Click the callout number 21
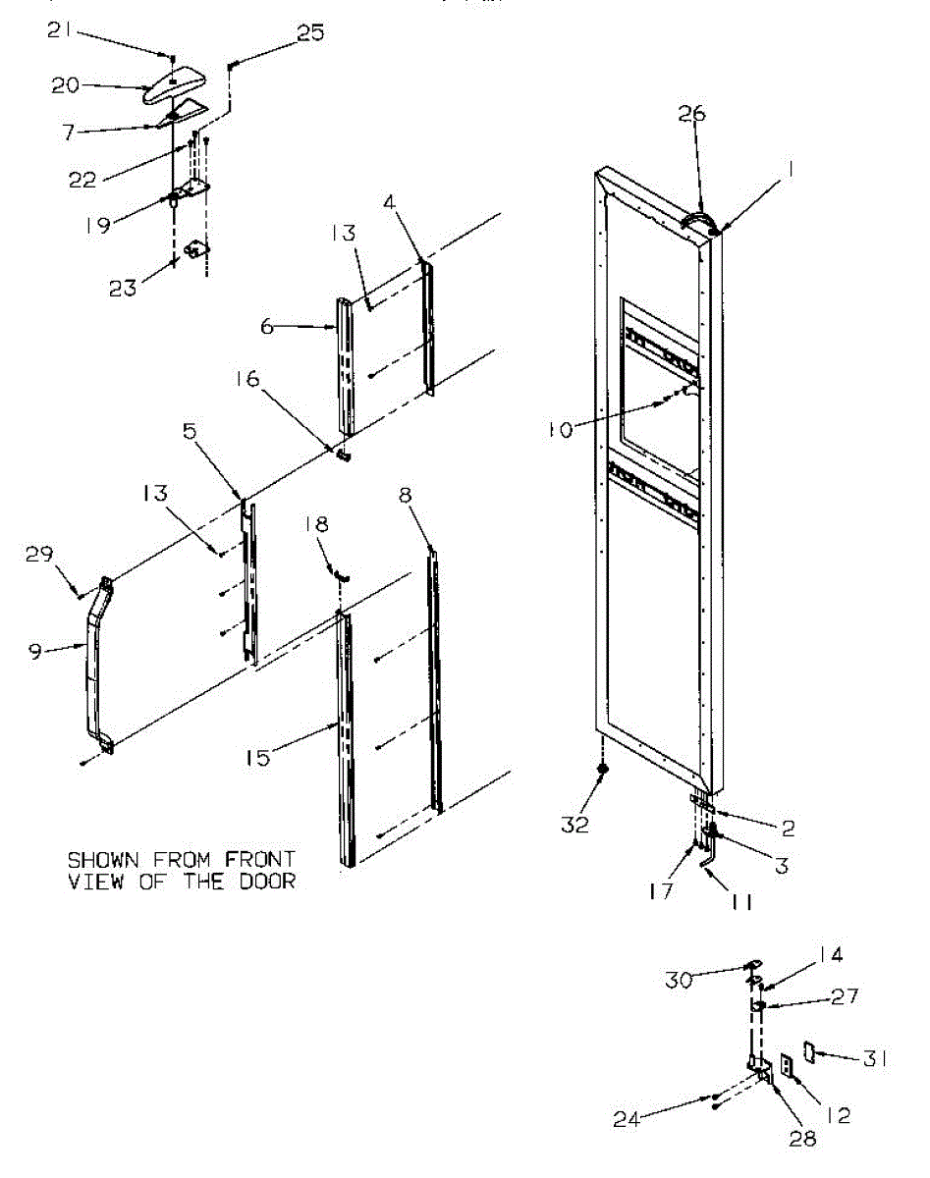[58, 31]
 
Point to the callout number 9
[35, 651]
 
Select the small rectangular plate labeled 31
[810, 1053]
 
